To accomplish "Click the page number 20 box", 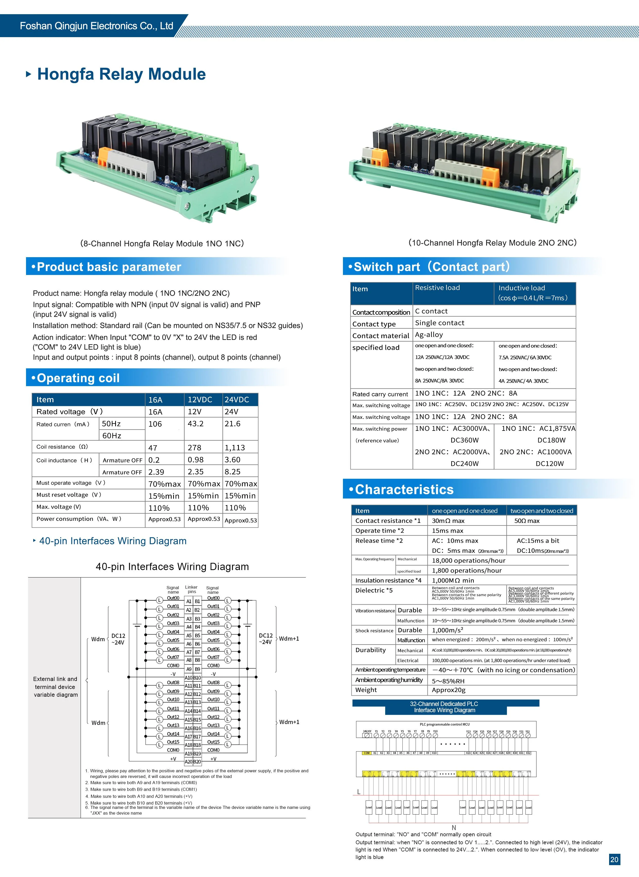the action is pyautogui.click(x=614, y=859).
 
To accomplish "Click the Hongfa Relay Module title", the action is pyautogui.click(x=121, y=74).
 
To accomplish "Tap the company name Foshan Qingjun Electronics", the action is pyautogui.click(x=96, y=26).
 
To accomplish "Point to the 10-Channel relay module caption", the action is pyautogui.click(x=492, y=243).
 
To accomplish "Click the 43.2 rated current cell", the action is pyautogui.click(x=196, y=424).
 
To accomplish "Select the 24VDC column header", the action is pyautogui.click(x=237, y=400).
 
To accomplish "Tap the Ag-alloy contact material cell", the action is pyautogui.click(x=429, y=335).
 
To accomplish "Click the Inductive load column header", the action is pyautogui.click(x=522, y=288).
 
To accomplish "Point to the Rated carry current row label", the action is pyautogui.click(x=380, y=394).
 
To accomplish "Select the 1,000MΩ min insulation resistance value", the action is pyautogui.click(x=453, y=580).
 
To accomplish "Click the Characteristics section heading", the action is pyautogui.click(x=404, y=489).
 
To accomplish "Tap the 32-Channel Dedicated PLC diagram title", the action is pyautogui.click(x=444, y=707).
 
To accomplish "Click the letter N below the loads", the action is pyautogui.click(x=454, y=827).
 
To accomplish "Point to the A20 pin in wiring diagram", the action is pyautogui.click(x=188, y=762).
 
